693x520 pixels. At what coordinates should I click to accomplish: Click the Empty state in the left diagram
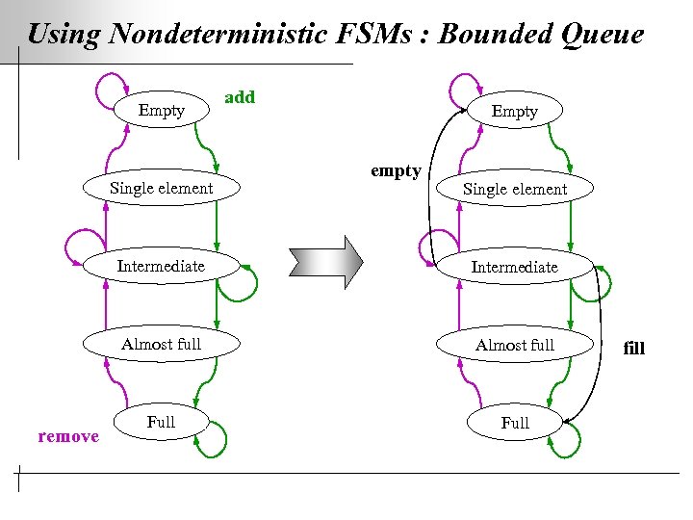click(161, 110)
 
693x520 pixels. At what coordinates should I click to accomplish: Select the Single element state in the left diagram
click(161, 188)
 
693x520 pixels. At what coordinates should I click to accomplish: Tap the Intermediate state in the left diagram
click(161, 266)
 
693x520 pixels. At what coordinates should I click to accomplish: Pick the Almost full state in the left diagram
click(161, 344)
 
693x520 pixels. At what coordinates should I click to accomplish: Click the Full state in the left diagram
click(161, 422)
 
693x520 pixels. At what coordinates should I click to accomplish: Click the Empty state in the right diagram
click(514, 111)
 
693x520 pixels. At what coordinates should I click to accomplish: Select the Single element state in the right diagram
click(514, 189)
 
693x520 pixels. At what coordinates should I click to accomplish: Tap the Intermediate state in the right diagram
click(514, 267)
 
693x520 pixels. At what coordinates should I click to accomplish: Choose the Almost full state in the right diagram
click(514, 345)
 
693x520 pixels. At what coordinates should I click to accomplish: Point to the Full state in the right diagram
click(514, 423)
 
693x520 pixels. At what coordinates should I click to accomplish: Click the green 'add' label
click(240, 96)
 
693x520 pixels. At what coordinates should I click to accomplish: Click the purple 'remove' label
click(68, 436)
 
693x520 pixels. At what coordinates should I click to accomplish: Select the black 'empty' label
click(396, 170)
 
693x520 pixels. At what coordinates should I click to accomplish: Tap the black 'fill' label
click(634, 348)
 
